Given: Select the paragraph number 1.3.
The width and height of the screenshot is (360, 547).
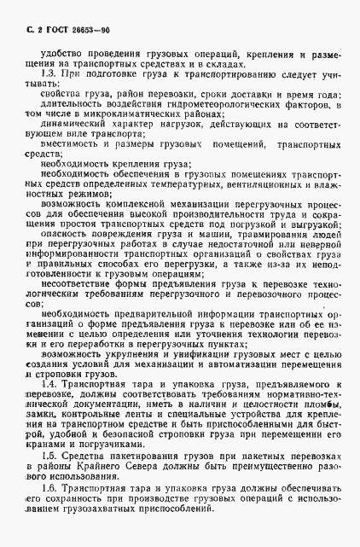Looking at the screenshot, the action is (x=50, y=74).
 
